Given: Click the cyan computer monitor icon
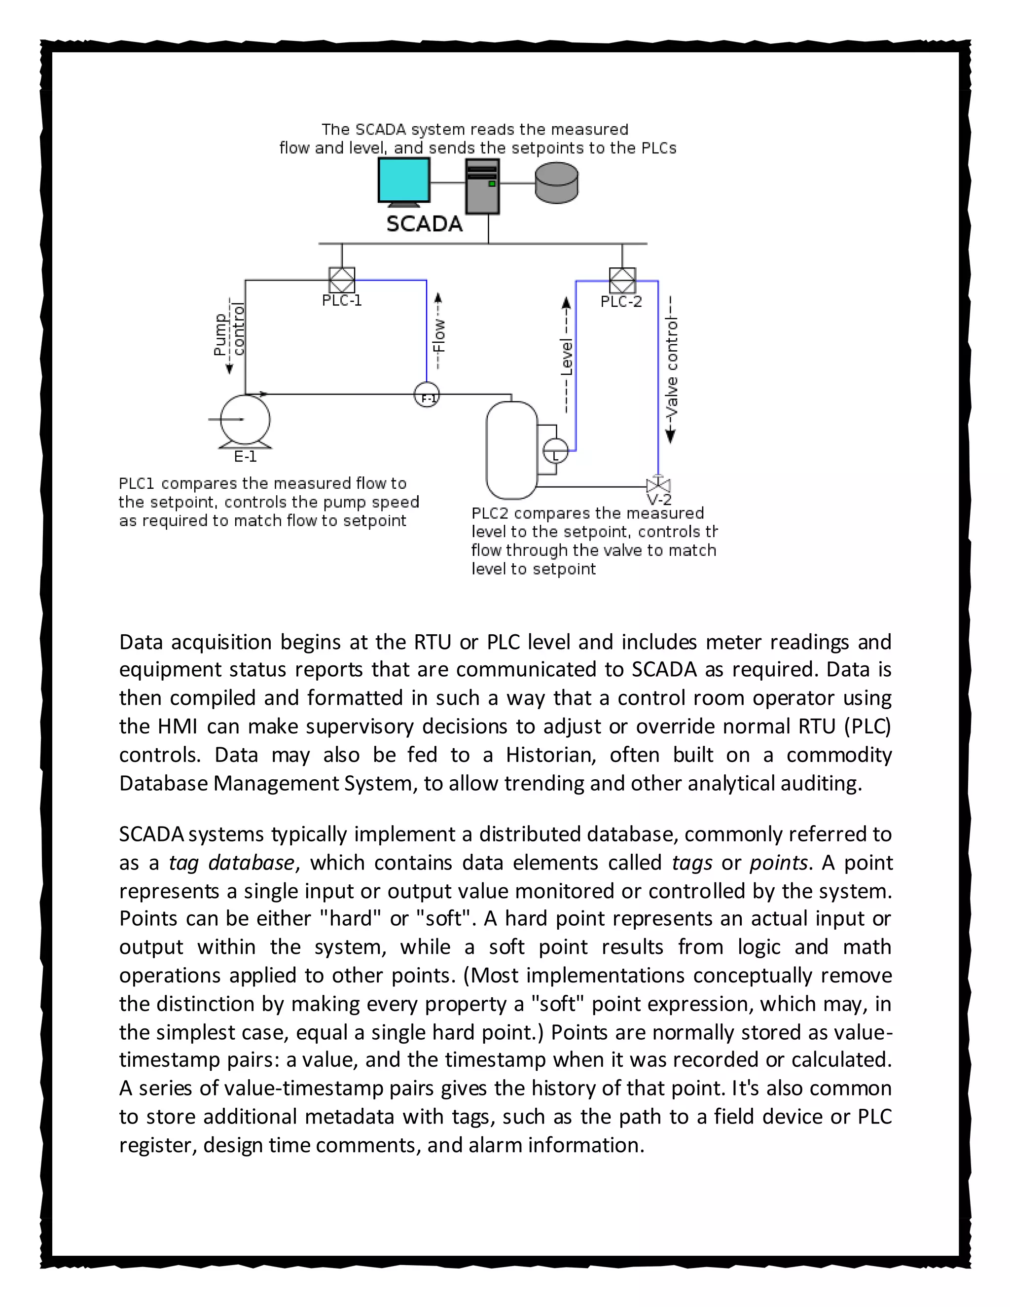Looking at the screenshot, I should coord(404,180).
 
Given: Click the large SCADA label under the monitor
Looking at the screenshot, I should coord(424,224).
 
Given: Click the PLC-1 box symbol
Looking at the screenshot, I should coord(342,280).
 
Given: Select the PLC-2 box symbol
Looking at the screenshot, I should coord(622,280).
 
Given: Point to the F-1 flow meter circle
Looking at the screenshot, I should coord(427,396).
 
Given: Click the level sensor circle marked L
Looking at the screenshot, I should coord(555,451).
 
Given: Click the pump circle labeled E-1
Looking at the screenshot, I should coord(245,420).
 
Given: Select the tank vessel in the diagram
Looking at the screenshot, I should coord(511,450).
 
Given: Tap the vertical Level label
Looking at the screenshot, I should coord(566,359).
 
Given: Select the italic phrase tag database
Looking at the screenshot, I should coord(231,862).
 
